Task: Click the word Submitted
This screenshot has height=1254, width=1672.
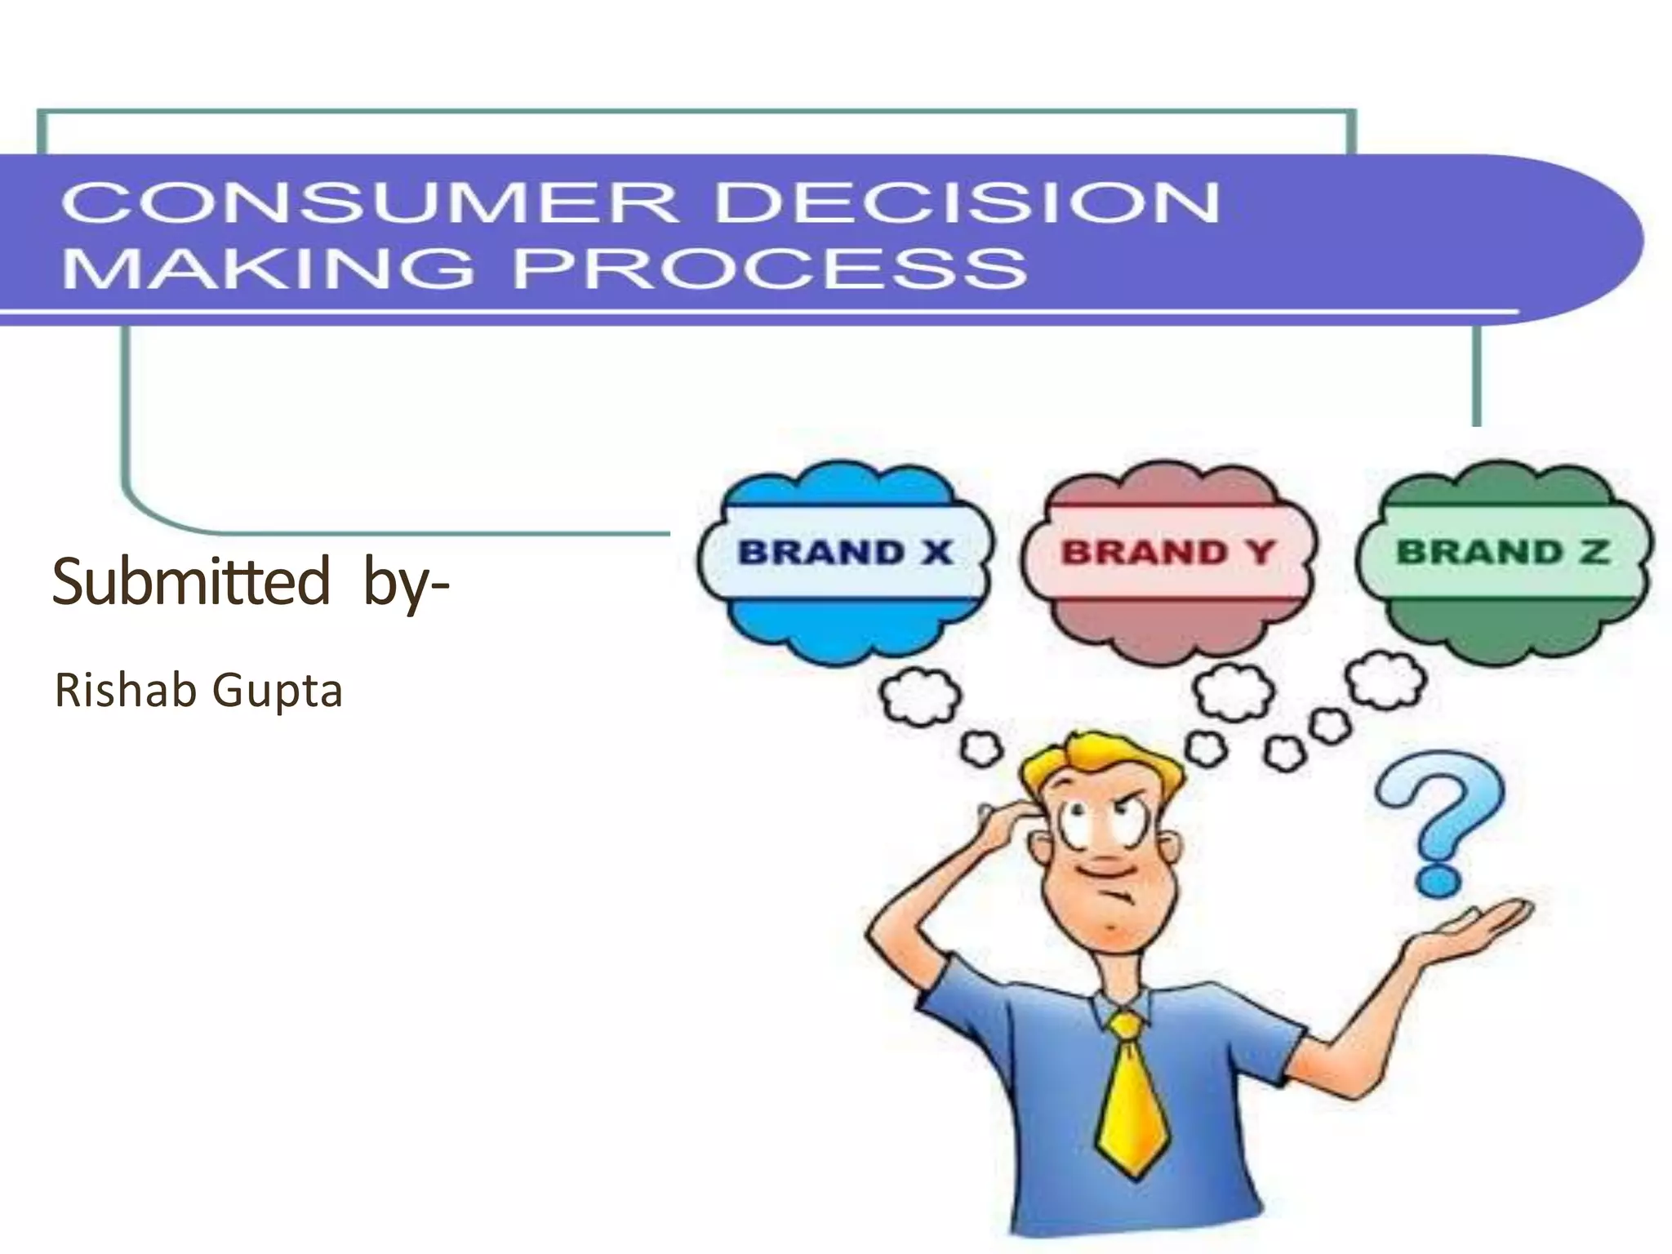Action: click(191, 580)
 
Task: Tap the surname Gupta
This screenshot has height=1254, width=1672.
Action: click(278, 692)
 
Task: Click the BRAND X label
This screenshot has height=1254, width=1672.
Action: click(845, 553)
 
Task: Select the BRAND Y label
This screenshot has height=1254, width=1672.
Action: click(1167, 553)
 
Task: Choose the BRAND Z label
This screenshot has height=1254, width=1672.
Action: click(1502, 553)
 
